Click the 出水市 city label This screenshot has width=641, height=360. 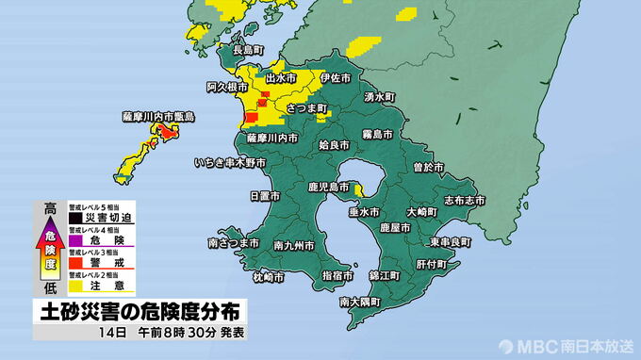coord(283,77)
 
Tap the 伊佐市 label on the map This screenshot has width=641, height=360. coord(335,77)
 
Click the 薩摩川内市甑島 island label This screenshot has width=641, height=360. coord(157,116)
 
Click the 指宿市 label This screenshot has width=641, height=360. coord(337,276)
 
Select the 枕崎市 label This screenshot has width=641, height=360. coord(268,277)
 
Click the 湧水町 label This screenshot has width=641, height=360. coord(382,97)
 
